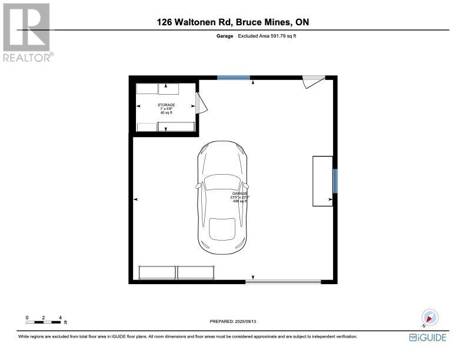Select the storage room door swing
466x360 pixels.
201,105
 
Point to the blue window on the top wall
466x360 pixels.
233,78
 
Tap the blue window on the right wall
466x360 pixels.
335,181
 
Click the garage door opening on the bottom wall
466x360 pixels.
283,282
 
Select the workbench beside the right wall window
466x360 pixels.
322,181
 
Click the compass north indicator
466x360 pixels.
430,318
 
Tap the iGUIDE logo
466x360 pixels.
428,337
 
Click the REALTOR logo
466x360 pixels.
27,32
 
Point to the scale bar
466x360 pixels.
44,322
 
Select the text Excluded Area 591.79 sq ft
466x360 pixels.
271,36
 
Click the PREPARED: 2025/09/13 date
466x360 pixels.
233,321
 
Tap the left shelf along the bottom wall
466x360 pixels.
157,272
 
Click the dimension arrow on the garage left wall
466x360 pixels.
137,200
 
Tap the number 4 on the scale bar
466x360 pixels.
61,318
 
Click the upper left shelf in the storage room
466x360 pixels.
148,89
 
